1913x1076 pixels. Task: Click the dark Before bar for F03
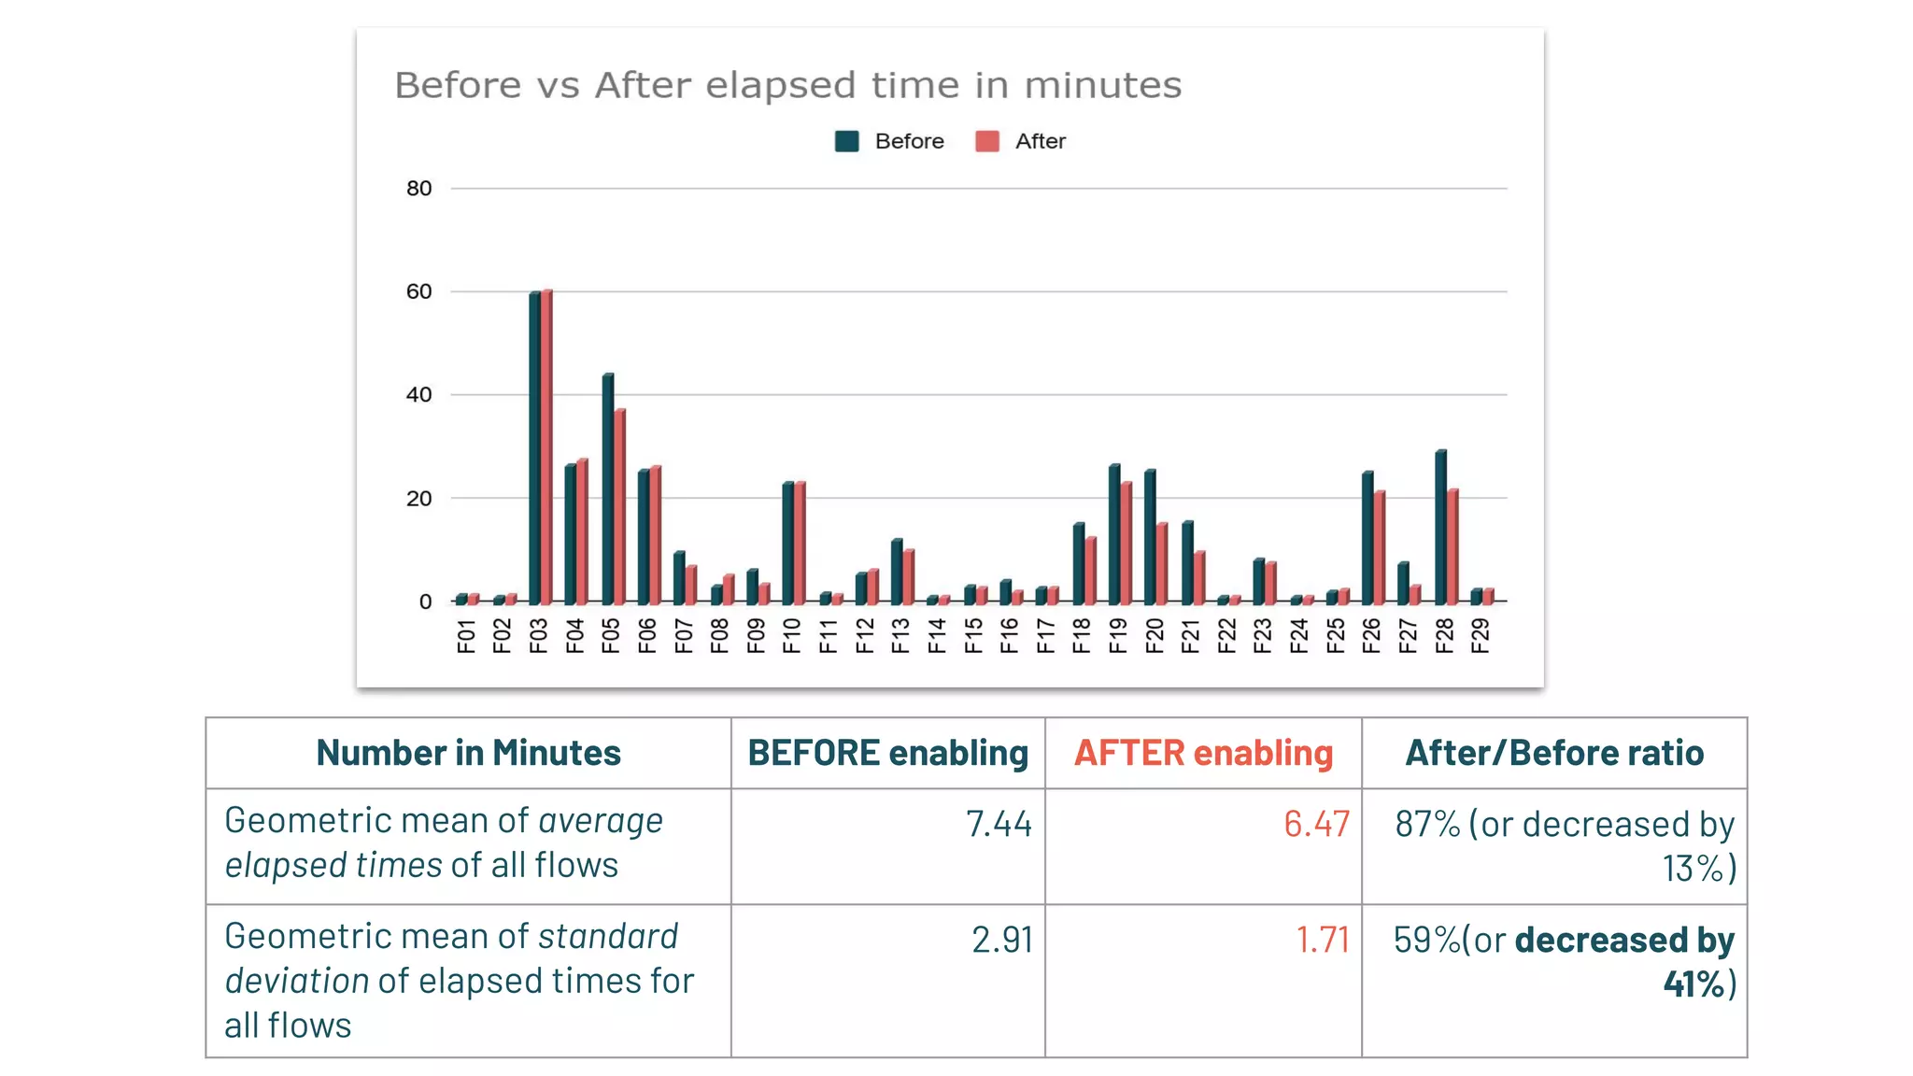pyautogui.click(x=534, y=448)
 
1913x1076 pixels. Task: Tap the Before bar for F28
pyautogui.click(x=1440, y=527)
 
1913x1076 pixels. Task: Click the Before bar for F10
pyautogui.click(x=788, y=543)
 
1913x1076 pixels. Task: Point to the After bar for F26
pyautogui.click(x=1380, y=547)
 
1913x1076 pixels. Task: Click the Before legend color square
pyautogui.click(x=846, y=141)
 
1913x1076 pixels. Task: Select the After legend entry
pyautogui.click(x=1039, y=141)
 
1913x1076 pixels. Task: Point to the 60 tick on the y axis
pyautogui.click(x=418, y=291)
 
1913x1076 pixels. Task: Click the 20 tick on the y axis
pyautogui.click(x=418, y=499)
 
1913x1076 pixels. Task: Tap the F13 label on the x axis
pyautogui.click(x=900, y=636)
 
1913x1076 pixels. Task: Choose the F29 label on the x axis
pyautogui.click(x=1480, y=636)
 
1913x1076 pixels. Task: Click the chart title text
pyautogui.click(x=787, y=85)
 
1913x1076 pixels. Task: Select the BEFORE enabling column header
pyautogui.click(x=887, y=753)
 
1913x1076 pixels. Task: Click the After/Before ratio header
pyautogui.click(x=1554, y=753)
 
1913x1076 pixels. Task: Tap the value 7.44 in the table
pyautogui.click(x=999, y=824)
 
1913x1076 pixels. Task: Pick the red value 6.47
pyautogui.click(x=1316, y=824)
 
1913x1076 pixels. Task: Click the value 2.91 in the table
pyautogui.click(x=1002, y=940)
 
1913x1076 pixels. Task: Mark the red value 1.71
pyautogui.click(x=1323, y=940)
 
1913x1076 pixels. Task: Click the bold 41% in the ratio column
pyautogui.click(x=1693, y=984)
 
